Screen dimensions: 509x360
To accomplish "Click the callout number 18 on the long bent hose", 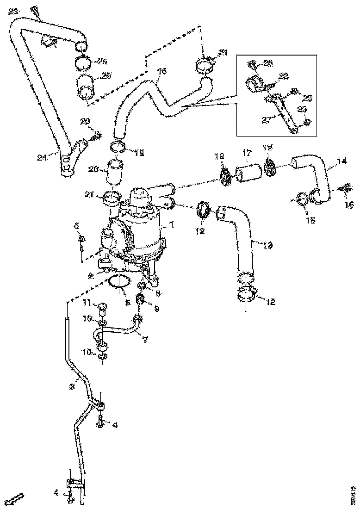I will [x=161, y=71].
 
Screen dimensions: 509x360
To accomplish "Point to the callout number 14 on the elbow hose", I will [x=342, y=161].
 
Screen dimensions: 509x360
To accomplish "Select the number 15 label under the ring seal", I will [x=310, y=221].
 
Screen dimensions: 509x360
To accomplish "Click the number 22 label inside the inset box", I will [x=283, y=76].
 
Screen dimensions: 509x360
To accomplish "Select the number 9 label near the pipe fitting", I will [x=156, y=309].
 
